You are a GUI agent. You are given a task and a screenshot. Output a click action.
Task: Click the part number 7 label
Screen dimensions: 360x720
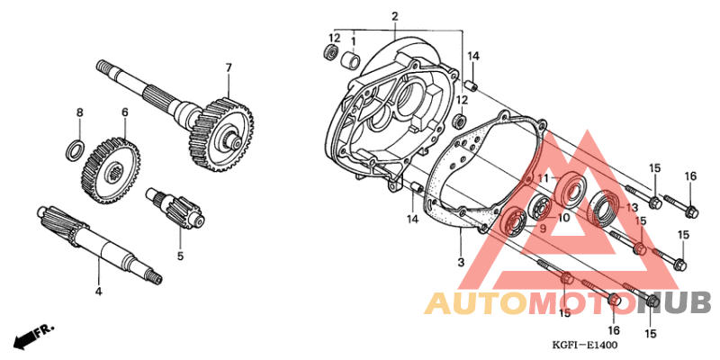(x=229, y=67)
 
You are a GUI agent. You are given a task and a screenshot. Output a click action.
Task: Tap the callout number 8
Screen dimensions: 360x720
(x=79, y=112)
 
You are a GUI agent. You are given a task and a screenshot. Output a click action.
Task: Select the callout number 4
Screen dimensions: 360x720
(x=98, y=291)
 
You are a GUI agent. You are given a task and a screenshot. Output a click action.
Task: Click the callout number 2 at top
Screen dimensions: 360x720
(x=394, y=16)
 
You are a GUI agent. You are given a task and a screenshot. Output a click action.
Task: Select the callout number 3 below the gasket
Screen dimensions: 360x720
(x=460, y=262)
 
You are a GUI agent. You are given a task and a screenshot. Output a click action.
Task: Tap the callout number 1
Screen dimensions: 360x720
(x=354, y=40)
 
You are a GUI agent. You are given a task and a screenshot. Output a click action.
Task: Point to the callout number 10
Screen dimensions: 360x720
(x=562, y=217)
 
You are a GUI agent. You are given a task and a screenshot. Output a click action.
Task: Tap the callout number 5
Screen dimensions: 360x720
(x=180, y=256)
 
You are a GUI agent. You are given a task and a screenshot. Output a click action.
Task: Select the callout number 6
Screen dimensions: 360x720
(x=125, y=112)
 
